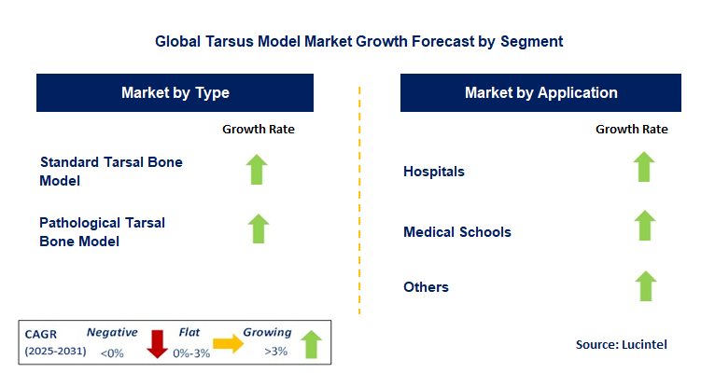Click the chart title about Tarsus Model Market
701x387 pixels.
tap(359, 42)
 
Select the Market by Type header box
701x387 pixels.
tap(175, 93)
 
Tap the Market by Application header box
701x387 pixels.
tap(540, 93)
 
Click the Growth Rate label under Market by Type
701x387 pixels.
tap(258, 130)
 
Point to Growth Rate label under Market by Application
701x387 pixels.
tap(632, 130)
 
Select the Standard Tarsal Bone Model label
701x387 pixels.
tap(111, 171)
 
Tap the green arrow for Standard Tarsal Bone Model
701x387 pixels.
tap(258, 169)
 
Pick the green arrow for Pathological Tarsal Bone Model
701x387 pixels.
tap(258, 228)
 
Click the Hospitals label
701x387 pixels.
tap(433, 172)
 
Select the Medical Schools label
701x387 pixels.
tap(456, 231)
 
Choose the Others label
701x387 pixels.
tap(426, 287)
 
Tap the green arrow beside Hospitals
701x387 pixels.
tap(643, 168)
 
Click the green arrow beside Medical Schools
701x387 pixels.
tap(643, 227)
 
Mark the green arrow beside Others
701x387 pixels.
tap(643, 285)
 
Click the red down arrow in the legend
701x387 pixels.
tap(157, 344)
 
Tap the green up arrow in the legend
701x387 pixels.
tap(311, 343)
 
